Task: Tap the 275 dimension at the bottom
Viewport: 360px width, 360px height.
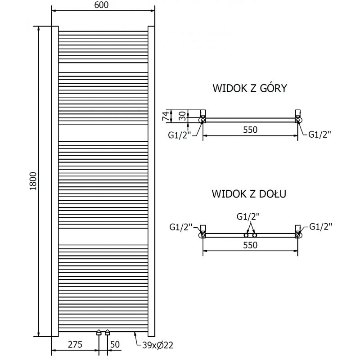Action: tap(75, 345)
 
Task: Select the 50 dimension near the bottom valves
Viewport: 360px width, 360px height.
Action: tap(115, 345)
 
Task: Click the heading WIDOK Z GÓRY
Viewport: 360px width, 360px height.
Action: tap(250, 88)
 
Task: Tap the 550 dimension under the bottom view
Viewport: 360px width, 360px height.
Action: tap(250, 245)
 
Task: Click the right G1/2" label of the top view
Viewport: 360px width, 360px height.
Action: tap(320, 134)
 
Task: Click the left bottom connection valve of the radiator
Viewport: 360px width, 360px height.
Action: tap(99, 333)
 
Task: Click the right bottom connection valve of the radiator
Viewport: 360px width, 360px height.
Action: tap(107, 333)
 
